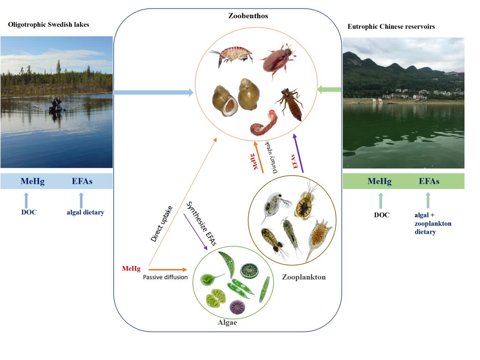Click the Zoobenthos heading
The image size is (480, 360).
tap(248, 16)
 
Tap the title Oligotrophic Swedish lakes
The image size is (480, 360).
tap(48, 25)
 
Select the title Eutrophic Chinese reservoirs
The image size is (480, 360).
tap(391, 27)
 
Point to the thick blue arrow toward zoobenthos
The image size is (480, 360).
tap(153, 92)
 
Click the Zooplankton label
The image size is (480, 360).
tap(304, 277)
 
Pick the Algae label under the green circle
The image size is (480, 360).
tap(227, 322)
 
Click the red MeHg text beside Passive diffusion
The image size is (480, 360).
tap(131, 269)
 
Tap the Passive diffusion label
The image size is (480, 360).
tap(165, 277)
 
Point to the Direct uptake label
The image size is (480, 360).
tap(162, 224)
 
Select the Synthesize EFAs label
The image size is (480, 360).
tap(201, 224)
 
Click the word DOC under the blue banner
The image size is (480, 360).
tap(29, 212)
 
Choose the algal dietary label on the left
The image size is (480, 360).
tap(85, 212)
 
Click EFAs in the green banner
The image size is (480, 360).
tap(429, 181)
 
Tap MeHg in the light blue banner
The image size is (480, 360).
tap(33, 181)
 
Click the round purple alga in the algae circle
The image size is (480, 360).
tap(237, 307)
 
